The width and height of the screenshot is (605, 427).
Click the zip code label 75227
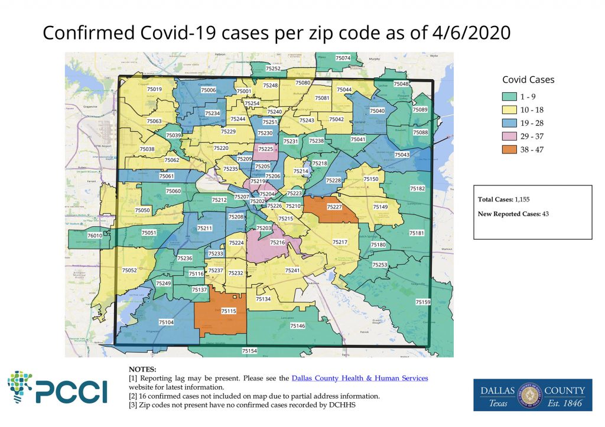334,207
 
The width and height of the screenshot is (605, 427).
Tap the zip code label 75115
229,311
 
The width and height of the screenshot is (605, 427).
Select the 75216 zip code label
277,242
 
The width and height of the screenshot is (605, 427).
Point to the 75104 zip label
167,322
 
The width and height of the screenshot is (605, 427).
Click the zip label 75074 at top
343,58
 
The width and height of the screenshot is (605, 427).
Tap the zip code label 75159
423,302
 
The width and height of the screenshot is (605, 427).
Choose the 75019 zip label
154,89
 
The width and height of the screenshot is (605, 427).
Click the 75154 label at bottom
249,351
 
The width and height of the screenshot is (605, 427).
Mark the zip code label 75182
417,188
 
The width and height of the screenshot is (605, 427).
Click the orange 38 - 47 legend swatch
512,149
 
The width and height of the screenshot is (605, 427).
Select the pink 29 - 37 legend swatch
512,136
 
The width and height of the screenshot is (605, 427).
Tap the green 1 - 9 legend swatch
512,97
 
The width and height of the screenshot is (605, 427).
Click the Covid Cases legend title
528,80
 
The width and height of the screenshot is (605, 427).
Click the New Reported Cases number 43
545,214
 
